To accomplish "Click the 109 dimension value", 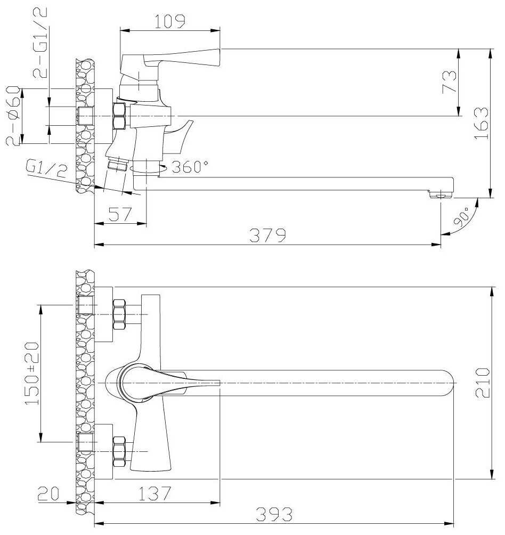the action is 170,21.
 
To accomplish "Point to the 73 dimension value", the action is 450,82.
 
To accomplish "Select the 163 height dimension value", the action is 482,123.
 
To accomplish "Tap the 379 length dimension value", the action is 267,235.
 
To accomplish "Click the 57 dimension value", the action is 120,214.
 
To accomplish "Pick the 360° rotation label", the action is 190,166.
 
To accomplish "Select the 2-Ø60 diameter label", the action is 14,116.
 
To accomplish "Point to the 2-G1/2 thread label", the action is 40,43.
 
